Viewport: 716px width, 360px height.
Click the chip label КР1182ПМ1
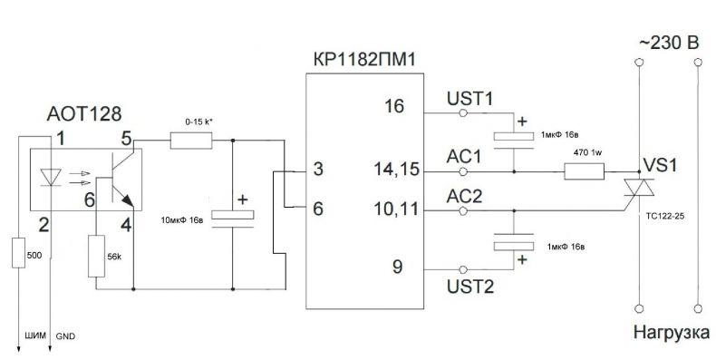[364, 59]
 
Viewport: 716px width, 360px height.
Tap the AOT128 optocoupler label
[84, 113]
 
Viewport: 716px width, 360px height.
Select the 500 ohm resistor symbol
[18, 253]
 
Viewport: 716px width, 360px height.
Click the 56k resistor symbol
[96, 256]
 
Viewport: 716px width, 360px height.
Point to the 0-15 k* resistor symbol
[191, 141]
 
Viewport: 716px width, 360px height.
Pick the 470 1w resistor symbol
[585, 171]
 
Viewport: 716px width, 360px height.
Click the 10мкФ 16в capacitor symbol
[232, 219]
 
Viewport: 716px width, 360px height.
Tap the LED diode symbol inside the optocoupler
[51, 177]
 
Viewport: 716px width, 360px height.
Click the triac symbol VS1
[639, 188]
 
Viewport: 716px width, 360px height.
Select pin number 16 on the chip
[394, 106]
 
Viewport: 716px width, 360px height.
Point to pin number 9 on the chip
[397, 267]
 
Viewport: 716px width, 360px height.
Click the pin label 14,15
[396, 169]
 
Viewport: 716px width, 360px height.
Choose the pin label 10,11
[396, 209]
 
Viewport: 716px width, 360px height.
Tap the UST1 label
[469, 99]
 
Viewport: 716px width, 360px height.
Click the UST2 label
[470, 287]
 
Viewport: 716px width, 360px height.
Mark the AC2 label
[464, 198]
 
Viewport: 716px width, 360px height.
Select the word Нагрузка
[672, 333]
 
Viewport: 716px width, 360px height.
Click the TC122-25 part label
[666, 217]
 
